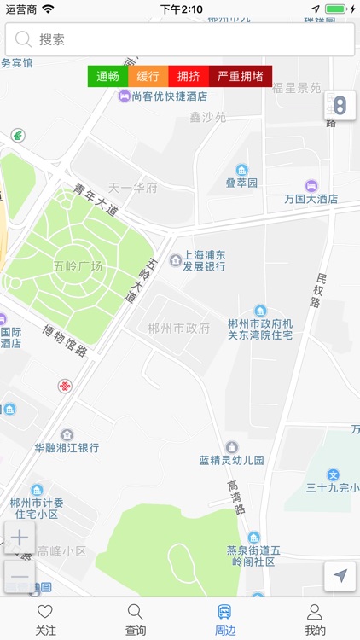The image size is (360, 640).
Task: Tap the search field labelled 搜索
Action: (x=179, y=39)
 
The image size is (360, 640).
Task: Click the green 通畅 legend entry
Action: (x=107, y=76)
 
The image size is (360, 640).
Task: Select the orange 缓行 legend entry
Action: (x=148, y=76)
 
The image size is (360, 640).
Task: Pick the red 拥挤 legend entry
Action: (x=189, y=76)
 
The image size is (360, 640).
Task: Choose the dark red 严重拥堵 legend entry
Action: (x=241, y=76)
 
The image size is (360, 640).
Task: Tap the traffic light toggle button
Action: (x=340, y=106)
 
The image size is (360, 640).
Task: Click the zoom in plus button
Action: (x=20, y=538)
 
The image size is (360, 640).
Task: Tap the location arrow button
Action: (x=340, y=576)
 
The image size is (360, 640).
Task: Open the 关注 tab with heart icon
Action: (x=45, y=620)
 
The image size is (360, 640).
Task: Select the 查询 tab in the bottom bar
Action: (x=135, y=620)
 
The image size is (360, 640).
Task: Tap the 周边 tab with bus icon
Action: (x=225, y=620)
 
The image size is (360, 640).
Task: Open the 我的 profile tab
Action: (x=315, y=620)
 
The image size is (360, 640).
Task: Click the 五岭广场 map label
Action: (x=78, y=267)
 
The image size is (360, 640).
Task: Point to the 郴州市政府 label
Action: (x=178, y=329)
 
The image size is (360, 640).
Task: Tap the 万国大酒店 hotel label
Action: (x=311, y=198)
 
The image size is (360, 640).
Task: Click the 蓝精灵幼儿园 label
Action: (x=232, y=459)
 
